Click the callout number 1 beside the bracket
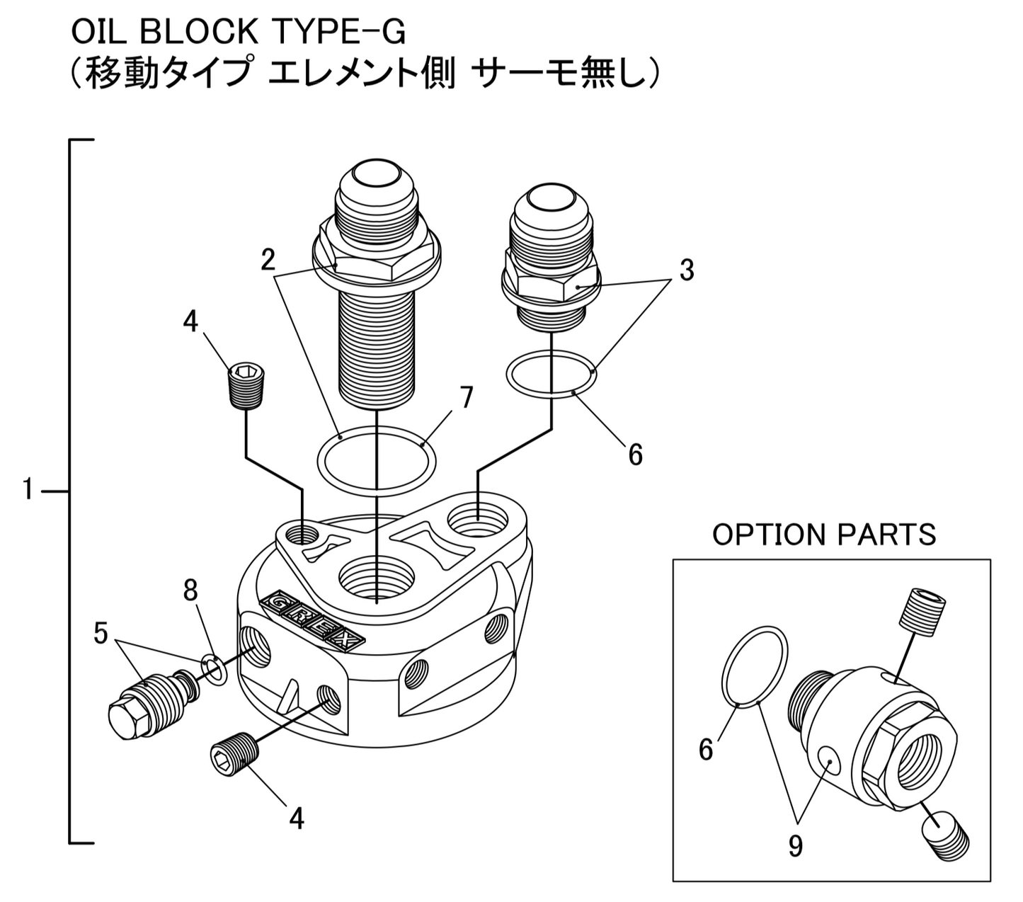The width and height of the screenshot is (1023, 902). (x=28, y=489)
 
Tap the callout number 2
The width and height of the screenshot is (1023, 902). (x=268, y=260)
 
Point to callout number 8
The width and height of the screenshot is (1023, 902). (x=190, y=590)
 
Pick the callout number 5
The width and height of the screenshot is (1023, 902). (x=101, y=634)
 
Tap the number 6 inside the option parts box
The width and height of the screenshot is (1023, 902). (x=706, y=749)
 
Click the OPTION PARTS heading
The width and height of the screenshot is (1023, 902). (x=824, y=535)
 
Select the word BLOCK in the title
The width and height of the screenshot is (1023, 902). (x=181, y=32)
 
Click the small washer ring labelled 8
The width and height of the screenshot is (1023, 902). (x=214, y=669)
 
